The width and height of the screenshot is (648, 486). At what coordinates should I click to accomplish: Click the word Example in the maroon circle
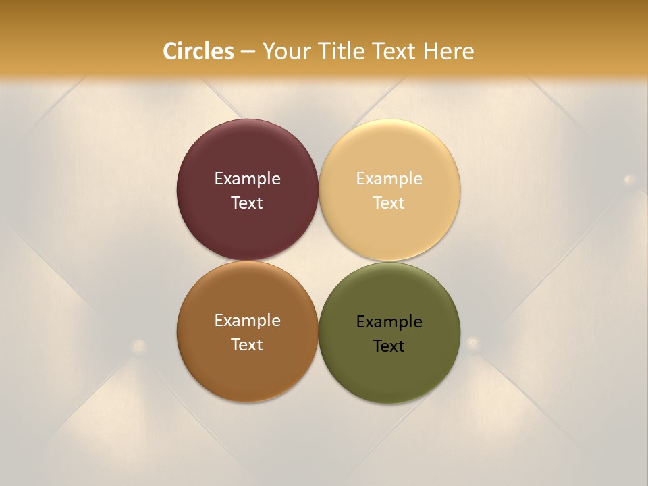tap(247, 179)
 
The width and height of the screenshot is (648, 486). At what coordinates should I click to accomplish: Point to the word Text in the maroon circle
tap(247, 203)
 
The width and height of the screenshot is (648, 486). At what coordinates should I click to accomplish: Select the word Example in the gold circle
tap(389, 179)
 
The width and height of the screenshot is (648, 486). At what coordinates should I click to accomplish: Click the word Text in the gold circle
tap(389, 203)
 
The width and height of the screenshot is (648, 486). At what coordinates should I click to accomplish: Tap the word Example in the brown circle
tap(247, 321)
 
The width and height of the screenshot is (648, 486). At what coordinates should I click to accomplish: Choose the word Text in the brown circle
tap(247, 345)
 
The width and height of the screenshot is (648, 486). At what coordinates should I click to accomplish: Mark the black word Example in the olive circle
tap(389, 322)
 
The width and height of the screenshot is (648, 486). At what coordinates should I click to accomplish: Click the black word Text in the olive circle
tap(389, 346)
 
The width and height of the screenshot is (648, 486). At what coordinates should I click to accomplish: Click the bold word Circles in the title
tap(198, 51)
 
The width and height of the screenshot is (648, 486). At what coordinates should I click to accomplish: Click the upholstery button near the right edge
tap(630, 180)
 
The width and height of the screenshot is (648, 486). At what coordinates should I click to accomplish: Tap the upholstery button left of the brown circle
tap(139, 346)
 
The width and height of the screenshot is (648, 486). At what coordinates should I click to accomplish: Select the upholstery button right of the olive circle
tap(473, 342)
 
